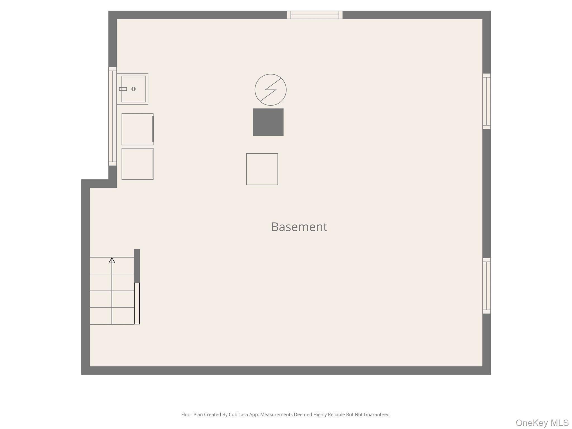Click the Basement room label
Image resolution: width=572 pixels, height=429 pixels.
(x=299, y=227)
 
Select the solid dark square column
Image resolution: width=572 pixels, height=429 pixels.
(x=268, y=122)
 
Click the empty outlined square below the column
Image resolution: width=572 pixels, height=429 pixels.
(x=262, y=169)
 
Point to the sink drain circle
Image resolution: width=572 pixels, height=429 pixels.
(x=134, y=89)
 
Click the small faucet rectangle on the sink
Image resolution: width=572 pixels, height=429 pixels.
(x=123, y=89)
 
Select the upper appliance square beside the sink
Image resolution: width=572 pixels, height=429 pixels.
(x=137, y=129)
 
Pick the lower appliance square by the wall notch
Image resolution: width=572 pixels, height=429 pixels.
(x=137, y=164)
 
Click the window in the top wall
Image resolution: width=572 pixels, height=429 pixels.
(x=315, y=15)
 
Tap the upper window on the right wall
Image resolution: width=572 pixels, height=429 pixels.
(x=486, y=101)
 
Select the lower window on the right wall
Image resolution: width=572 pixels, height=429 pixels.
(x=486, y=286)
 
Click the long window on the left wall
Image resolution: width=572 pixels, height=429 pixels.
(x=113, y=116)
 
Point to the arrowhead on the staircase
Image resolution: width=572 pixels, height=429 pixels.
(x=112, y=260)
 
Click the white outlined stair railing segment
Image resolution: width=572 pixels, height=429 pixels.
(x=137, y=303)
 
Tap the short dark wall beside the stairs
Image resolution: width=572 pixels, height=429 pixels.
(x=137, y=265)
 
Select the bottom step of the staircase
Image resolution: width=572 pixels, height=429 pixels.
(x=112, y=316)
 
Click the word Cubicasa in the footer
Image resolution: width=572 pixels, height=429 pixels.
(x=238, y=414)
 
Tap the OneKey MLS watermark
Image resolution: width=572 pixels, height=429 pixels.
(x=542, y=423)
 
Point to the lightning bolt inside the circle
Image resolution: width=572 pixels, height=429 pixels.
(x=270, y=90)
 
